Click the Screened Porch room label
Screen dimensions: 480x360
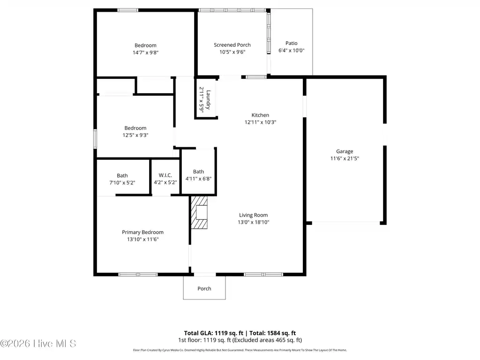232,45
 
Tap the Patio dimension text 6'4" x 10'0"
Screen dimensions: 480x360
291,51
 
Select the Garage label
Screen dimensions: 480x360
345,151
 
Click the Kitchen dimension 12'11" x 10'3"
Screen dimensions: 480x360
260,122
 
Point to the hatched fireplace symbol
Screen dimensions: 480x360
199,212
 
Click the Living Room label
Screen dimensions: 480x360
253,215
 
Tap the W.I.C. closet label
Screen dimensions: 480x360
165,175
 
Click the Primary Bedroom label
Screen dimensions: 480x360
142,232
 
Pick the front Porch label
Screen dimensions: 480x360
204,289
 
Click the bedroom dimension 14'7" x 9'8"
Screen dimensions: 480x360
145,52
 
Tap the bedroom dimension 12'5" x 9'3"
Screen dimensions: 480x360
135,135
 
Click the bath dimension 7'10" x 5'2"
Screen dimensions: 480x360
122,183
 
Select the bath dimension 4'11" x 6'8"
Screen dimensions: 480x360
198,179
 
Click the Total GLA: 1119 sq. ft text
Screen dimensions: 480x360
213,333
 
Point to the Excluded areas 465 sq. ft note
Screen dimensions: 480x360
267,340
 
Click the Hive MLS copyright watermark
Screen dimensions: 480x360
38,344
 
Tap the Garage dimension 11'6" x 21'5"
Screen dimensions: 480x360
345,158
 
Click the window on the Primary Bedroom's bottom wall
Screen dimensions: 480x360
138,275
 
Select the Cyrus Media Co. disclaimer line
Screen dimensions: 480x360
240,350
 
